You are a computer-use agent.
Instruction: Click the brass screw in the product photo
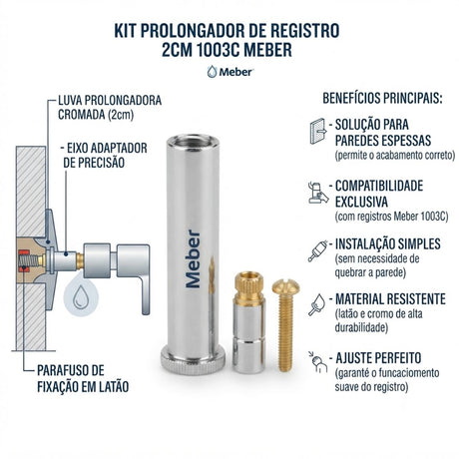coord(285,324)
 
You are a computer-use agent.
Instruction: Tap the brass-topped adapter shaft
coord(249,322)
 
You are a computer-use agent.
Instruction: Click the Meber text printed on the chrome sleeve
coord(193,258)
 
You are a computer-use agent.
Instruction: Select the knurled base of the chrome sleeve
coord(193,360)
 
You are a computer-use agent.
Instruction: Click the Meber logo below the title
coord(230,72)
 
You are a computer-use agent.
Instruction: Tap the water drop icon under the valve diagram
coord(81,296)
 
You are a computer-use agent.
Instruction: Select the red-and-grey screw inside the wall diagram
coord(29,260)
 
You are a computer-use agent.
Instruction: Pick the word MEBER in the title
coord(267,50)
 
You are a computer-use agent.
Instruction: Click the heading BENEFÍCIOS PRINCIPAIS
coord(382,99)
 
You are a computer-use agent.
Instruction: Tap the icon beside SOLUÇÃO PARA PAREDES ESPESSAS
coord(318,131)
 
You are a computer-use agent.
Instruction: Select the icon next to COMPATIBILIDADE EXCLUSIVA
coord(318,193)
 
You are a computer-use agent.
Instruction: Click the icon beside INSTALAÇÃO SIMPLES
coord(318,250)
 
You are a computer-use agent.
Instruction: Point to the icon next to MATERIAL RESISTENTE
coord(317,304)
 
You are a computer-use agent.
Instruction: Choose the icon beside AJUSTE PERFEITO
coord(318,362)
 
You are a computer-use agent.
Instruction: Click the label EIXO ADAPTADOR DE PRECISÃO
coord(104,156)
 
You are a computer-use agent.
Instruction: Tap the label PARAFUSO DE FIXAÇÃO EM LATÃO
coord(83,378)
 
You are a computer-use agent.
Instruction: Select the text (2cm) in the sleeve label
coord(121,115)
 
